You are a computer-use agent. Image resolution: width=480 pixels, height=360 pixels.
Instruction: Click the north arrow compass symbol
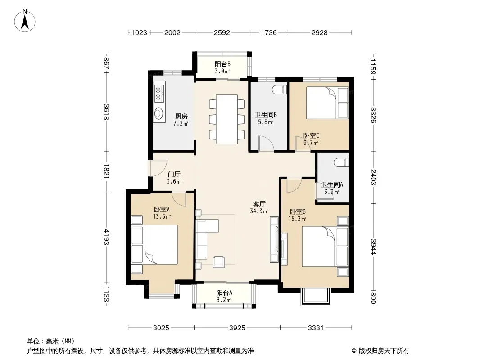25,21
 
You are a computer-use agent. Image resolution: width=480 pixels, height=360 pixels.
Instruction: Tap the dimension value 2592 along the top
222,33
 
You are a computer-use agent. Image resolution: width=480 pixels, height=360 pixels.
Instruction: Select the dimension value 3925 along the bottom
237,328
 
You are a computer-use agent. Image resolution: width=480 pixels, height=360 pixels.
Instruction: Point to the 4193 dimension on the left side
106,237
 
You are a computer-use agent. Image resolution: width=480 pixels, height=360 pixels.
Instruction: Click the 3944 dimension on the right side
373,247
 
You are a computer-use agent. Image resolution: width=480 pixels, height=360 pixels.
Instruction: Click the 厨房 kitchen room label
181,116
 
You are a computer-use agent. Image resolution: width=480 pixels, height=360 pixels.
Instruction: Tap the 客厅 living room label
259,204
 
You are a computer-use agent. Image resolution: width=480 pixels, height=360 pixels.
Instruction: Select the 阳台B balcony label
222,64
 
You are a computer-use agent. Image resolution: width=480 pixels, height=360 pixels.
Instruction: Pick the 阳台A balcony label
224,292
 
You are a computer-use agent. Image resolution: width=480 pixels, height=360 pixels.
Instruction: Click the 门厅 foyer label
174,174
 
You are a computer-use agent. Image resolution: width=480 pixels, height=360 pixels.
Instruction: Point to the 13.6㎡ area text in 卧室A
162,217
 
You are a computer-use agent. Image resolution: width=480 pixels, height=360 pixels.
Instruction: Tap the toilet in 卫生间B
279,90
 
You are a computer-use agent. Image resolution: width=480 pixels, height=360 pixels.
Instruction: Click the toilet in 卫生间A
341,162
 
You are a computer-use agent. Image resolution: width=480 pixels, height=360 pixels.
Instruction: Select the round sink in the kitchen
158,113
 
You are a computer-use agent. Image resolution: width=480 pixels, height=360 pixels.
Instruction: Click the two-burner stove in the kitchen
158,93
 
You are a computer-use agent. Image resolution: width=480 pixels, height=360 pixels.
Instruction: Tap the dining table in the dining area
227,119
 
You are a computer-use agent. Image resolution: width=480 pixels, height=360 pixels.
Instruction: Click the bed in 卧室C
327,103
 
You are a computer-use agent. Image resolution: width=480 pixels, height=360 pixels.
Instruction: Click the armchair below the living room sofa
219,261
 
